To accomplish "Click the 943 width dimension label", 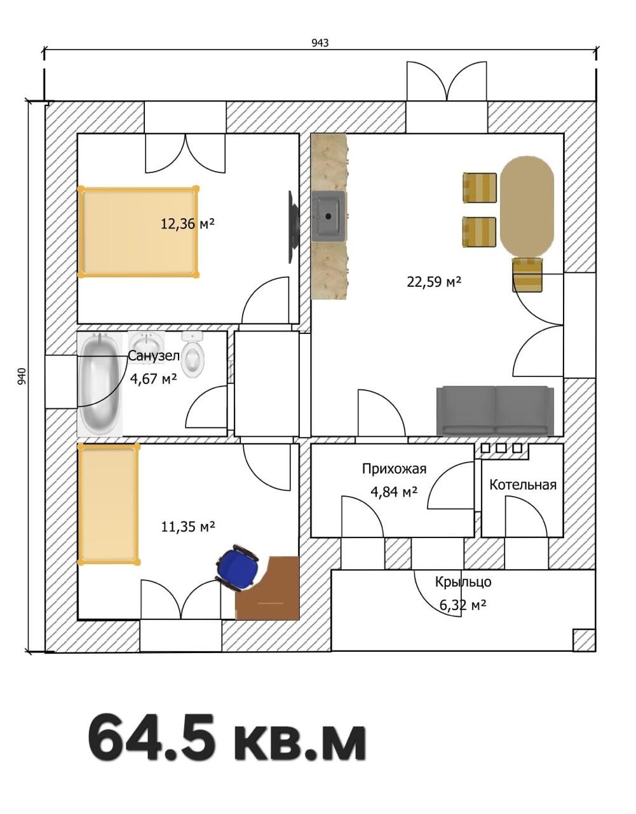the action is point(320,43).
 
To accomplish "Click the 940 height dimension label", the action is point(22,376).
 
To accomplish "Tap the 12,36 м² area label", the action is point(188,224).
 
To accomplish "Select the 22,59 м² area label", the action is point(434,281).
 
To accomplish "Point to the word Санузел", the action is point(154,356).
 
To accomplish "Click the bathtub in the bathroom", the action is point(100,384).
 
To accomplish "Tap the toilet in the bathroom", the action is point(193,355).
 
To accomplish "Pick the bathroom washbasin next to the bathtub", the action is point(146,341).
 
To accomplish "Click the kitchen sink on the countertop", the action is point(329,216).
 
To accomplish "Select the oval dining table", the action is point(527,207).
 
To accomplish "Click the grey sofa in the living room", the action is point(496,411).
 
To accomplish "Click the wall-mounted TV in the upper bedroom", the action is point(293,227).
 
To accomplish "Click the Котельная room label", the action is point(523,485).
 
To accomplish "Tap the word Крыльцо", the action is point(463,582).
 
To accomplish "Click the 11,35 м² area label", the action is point(188,527).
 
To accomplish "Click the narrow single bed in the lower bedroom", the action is point(109,504).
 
